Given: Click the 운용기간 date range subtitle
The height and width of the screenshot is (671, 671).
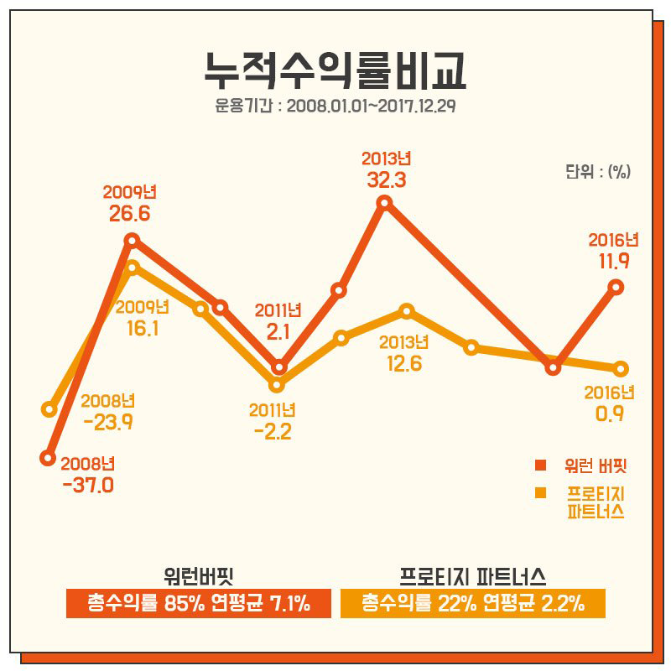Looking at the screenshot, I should click(x=335, y=107).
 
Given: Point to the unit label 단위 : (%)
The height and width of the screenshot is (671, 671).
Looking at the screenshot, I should click(x=597, y=171).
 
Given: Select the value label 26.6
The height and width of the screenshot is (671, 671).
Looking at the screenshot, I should click(x=129, y=213).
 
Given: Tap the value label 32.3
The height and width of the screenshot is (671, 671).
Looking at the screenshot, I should click(x=386, y=179).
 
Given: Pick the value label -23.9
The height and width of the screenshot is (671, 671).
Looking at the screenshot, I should click(x=108, y=422).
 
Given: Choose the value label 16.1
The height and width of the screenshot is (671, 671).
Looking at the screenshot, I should click(x=142, y=328).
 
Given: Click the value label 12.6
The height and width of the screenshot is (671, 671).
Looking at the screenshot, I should click(x=403, y=363).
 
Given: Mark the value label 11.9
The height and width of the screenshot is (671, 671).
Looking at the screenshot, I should click(x=613, y=261).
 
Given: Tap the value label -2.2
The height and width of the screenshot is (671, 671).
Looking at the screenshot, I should click(x=272, y=432).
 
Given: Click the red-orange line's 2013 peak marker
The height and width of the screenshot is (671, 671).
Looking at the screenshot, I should click(x=385, y=202).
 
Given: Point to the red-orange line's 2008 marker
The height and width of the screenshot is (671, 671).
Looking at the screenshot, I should click(x=48, y=458).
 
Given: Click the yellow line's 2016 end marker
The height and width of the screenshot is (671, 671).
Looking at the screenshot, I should click(x=621, y=368).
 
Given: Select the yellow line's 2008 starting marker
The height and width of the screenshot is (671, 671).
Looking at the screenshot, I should click(x=49, y=409).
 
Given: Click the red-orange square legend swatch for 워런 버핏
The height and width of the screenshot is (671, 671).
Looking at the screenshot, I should click(x=541, y=465).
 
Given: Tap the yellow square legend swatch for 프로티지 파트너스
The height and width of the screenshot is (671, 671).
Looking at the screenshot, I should click(x=541, y=492).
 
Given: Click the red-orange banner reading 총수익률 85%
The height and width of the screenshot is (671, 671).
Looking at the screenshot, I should click(x=199, y=602).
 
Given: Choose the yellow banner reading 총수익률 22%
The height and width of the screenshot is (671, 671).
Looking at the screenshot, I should click(x=473, y=602).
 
